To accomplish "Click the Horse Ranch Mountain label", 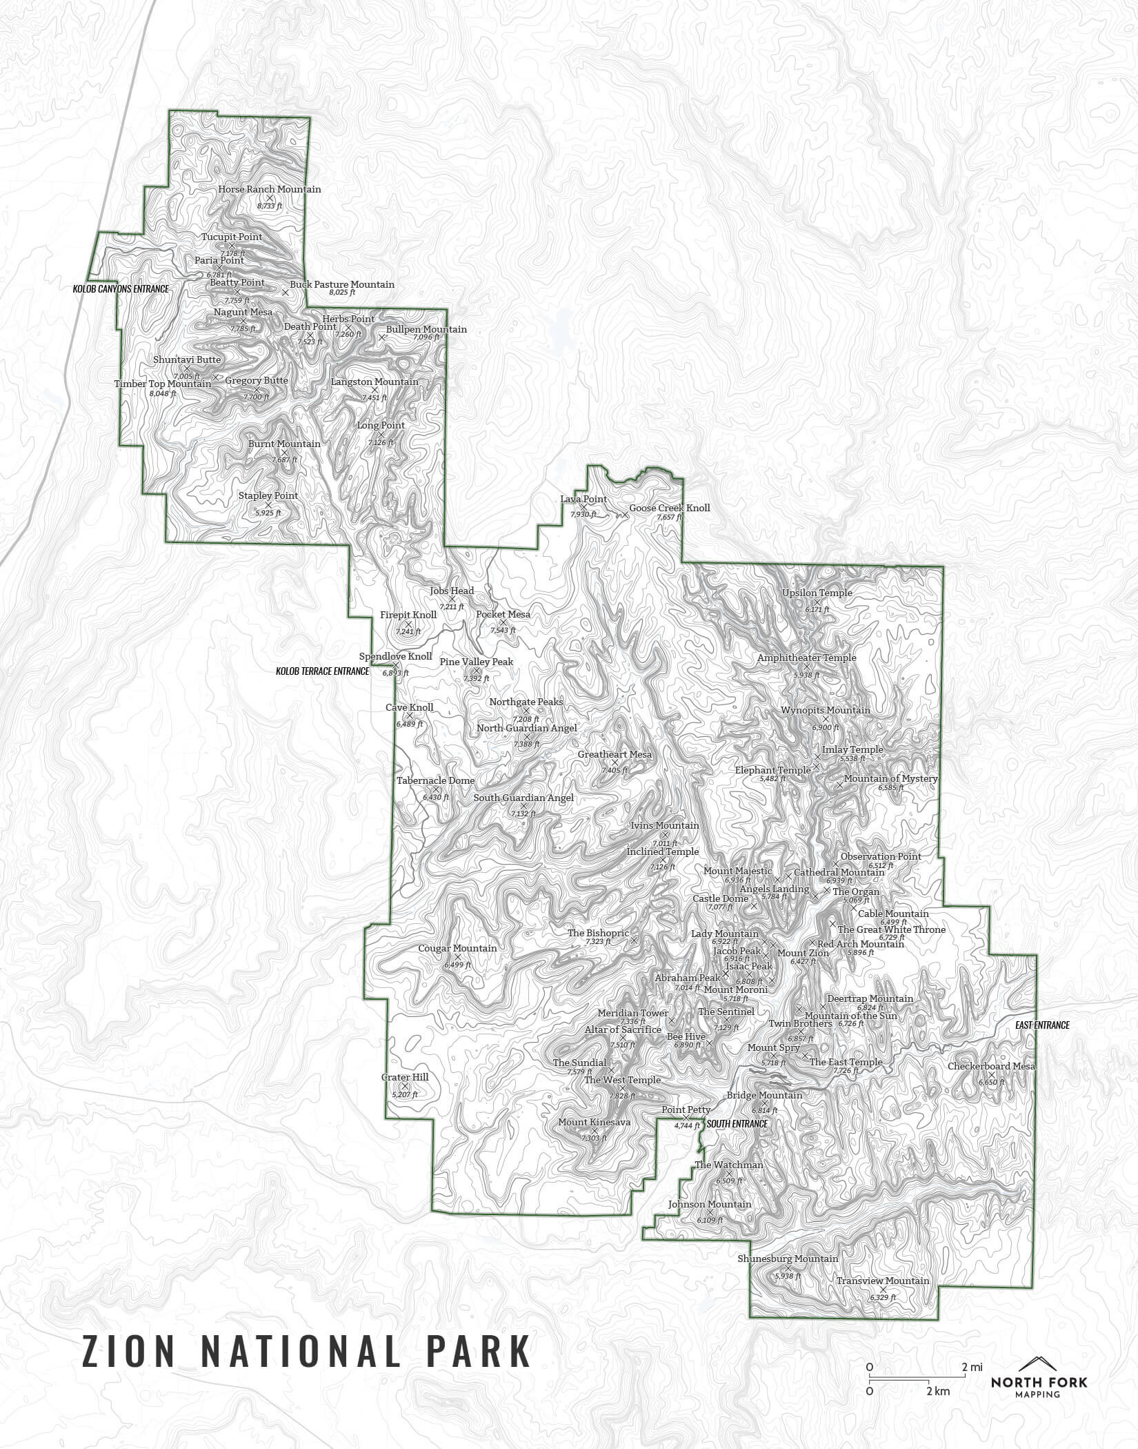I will (269, 189).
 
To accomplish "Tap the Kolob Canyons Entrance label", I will (121, 288).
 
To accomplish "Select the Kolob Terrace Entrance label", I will (322, 671).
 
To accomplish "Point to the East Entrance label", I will (1042, 1025).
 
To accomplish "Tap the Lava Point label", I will (583, 499).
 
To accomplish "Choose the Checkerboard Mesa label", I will (991, 1066).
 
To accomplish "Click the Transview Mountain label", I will (883, 1281).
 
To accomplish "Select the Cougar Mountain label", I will (457, 948).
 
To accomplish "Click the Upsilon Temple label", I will (817, 593).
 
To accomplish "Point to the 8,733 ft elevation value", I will (270, 206).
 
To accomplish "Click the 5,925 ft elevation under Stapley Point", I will (268, 513).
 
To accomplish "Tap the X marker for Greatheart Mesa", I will (615, 762).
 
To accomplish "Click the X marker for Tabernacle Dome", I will (435, 789).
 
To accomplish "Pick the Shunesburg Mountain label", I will (788, 1259).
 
